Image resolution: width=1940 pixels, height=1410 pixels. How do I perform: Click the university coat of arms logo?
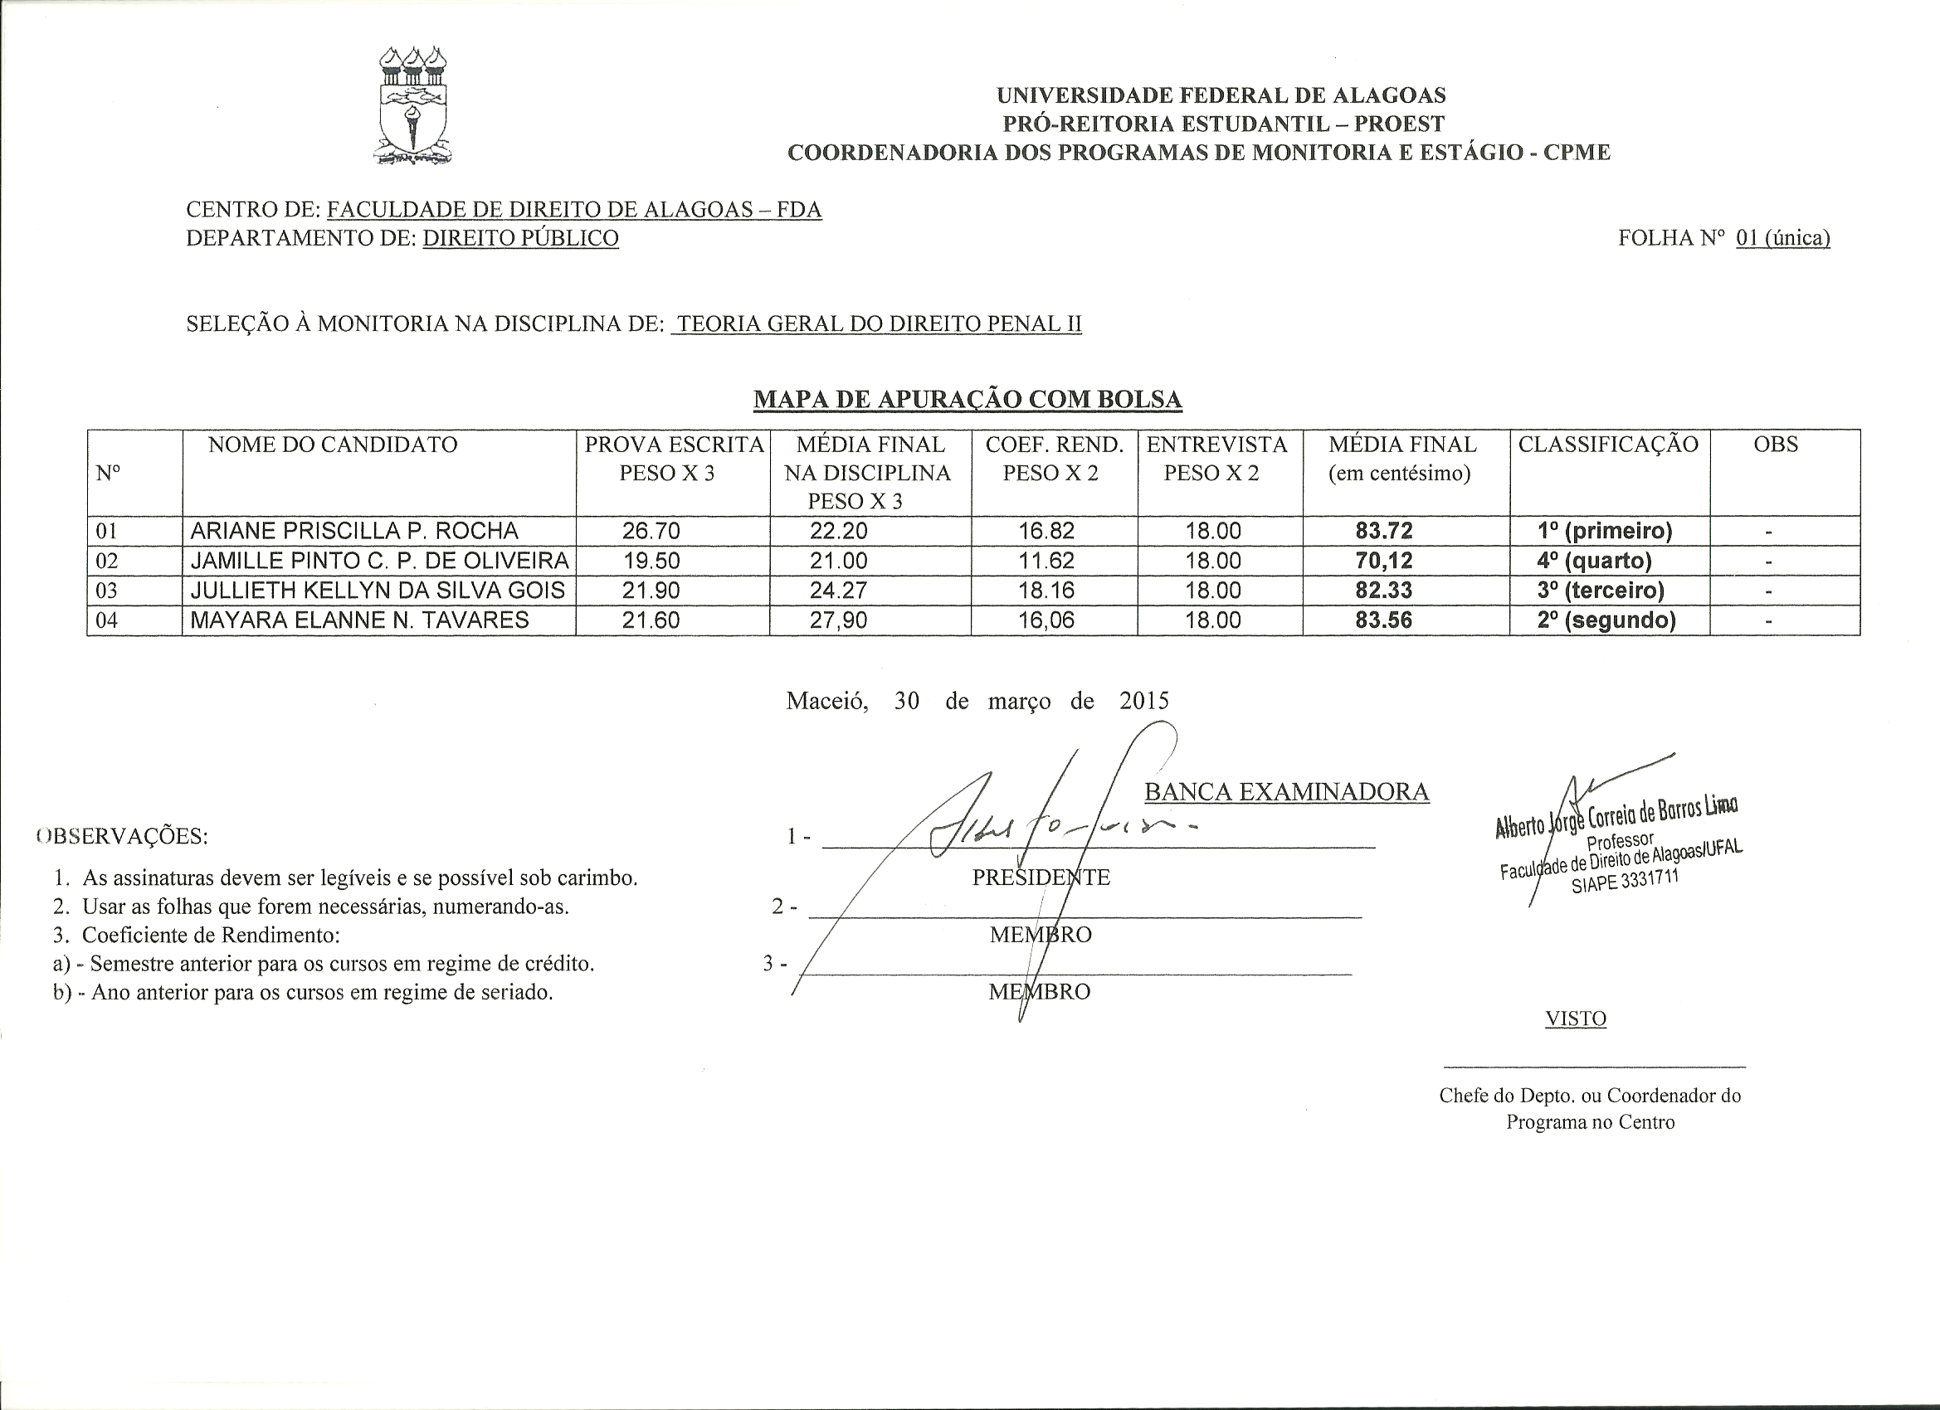(x=413, y=106)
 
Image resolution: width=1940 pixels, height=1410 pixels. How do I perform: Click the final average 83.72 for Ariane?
(x=1384, y=531)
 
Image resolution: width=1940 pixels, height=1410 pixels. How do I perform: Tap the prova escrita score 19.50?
(x=651, y=561)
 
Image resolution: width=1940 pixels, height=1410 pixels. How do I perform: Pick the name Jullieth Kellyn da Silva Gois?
(x=378, y=590)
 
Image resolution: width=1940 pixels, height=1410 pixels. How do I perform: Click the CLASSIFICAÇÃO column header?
(x=1608, y=445)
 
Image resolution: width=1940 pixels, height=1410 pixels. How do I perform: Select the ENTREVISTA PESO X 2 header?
(x=1216, y=459)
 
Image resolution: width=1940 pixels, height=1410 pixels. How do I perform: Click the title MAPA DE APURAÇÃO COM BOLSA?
(x=968, y=399)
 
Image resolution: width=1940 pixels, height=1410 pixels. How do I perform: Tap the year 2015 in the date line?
(x=1143, y=701)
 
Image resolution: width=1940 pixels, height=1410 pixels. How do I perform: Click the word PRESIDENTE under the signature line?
(x=1041, y=878)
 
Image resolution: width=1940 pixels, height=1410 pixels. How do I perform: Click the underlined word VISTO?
(x=1576, y=1019)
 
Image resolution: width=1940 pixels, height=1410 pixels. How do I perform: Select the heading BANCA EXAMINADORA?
(x=1286, y=792)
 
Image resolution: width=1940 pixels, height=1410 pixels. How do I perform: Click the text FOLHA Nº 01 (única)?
(x=1723, y=238)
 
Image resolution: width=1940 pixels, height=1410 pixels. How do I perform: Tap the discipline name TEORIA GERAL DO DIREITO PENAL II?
(x=879, y=324)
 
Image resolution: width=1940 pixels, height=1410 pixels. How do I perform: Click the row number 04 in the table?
(x=106, y=620)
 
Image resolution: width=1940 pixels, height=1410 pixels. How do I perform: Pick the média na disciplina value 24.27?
(x=838, y=590)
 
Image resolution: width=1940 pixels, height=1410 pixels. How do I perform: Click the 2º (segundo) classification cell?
(x=1606, y=620)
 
